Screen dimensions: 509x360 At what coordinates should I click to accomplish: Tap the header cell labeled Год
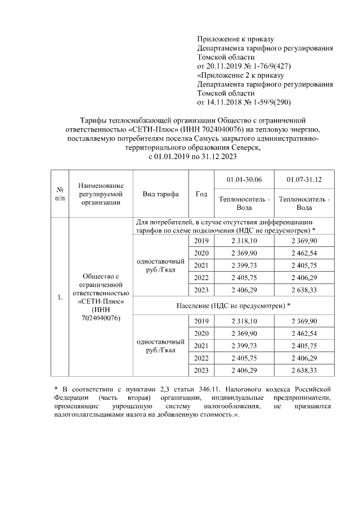tap(201, 193)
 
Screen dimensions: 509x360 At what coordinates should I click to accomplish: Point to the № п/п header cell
tap(59, 193)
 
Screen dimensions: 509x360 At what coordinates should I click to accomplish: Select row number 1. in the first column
tap(59, 297)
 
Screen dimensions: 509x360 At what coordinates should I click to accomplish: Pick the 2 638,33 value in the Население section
tap(304, 370)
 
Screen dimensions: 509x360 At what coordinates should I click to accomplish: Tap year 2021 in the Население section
tap(201, 345)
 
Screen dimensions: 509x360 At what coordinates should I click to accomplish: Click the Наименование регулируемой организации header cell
tap(101, 193)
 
